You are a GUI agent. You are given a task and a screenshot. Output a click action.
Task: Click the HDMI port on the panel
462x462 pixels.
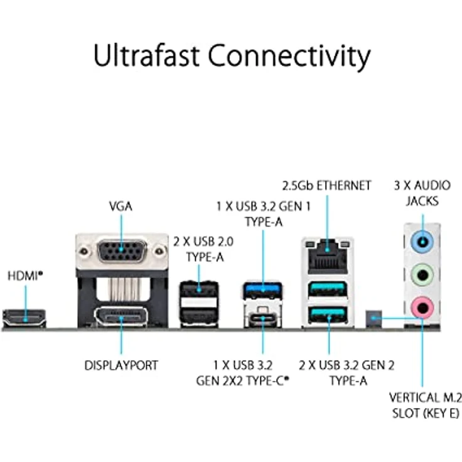[24, 318]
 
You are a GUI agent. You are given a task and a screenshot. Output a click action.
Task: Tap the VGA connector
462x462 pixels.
[122, 251]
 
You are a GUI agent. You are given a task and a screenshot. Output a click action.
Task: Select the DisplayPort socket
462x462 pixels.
[121, 317]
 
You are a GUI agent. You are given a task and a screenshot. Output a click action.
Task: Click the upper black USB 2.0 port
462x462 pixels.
[199, 289]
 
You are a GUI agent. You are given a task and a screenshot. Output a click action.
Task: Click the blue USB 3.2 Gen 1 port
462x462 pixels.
[263, 289]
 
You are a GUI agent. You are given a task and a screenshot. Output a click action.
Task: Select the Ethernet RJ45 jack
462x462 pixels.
[328, 257]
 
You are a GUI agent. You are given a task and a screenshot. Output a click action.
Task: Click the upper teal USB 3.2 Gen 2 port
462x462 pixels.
[328, 289]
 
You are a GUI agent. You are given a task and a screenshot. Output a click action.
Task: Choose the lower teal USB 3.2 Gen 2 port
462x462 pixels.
[328, 314]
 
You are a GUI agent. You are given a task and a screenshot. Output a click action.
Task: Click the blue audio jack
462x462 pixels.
[422, 242]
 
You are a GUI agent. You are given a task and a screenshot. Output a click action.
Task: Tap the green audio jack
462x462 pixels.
[422, 275]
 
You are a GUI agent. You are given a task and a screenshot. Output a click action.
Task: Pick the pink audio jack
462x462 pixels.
[422, 308]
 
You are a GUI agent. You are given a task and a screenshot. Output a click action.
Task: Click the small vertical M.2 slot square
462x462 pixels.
[373, 318]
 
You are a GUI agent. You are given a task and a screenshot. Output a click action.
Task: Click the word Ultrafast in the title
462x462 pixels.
[146, 55]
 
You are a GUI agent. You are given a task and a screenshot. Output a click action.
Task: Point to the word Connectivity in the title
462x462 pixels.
[289, 58]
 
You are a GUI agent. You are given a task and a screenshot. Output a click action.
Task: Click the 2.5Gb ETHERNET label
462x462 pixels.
[326, 186]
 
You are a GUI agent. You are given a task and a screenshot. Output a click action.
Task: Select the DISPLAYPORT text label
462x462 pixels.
[121, 365]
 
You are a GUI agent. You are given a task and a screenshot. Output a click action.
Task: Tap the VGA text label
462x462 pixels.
[121, 207]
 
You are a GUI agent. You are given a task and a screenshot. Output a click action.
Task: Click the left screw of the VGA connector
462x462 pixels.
[84, 251]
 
